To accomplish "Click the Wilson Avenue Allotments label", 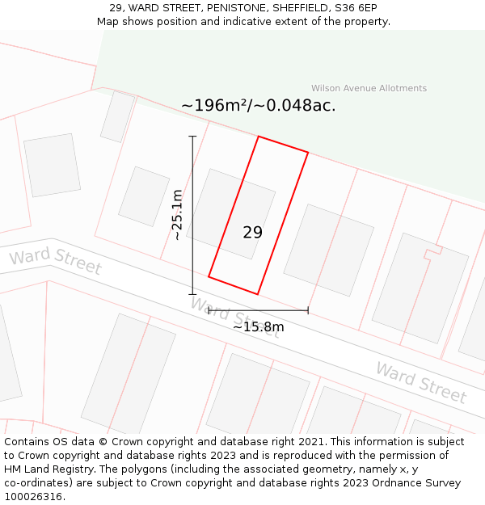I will (369, 88).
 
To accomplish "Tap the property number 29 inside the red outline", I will (252, 233).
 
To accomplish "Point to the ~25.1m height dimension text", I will (178, 214).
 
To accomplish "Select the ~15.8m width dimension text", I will (259, 327).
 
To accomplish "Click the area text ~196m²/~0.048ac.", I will (258, 106).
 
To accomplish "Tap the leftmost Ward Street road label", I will (55, 261).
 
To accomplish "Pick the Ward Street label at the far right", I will (420, 382).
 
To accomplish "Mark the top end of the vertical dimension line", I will (192, 137).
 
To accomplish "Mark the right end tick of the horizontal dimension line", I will (308, 310).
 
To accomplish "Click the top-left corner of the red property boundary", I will (259, 137).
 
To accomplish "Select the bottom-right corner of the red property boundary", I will (258, 294).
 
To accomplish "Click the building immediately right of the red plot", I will (328, 250).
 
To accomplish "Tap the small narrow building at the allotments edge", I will (117, 116).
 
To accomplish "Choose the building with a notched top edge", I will (420, 288).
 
